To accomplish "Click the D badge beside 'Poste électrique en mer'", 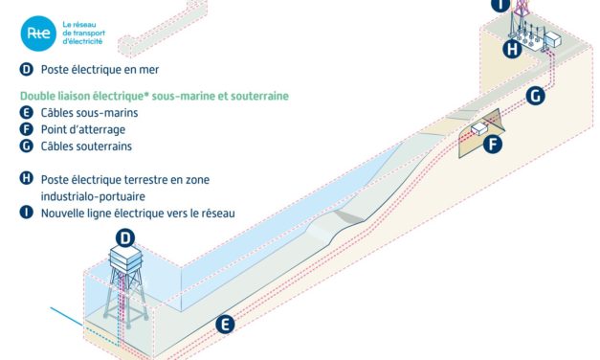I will point(25,70).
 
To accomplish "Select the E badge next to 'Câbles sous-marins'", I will point(25,112).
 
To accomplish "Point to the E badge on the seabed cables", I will point(225,325).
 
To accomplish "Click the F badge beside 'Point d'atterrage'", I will point(25,129).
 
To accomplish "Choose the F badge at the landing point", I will point(494,146).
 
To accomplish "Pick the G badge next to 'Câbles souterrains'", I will point(25,146).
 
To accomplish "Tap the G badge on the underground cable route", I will point(536,96).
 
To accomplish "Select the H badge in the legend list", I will point(25,178).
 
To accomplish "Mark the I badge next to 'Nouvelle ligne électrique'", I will point(25,213).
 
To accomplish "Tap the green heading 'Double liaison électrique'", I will point(96,96).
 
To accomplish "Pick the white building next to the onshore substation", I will point(554,41).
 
